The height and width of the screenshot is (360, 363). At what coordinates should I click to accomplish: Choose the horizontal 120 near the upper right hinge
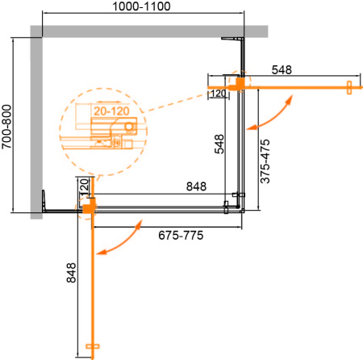click(x=217, y=94)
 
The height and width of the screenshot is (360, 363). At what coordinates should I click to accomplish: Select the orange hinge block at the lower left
click(x=86, y=209)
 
